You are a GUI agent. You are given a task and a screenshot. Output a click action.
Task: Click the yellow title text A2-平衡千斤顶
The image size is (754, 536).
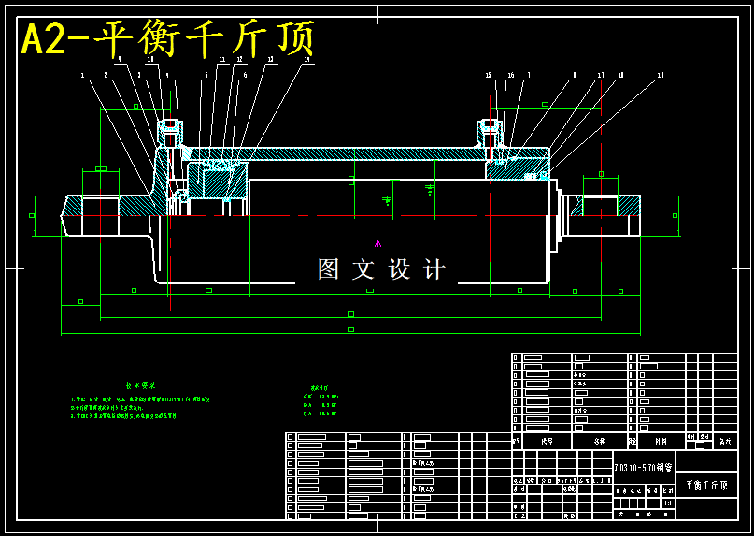[168, 40]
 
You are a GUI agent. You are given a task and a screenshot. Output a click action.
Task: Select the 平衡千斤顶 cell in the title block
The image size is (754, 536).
[705, 485]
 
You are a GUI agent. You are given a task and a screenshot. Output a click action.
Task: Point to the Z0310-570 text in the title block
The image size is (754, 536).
[643, 466]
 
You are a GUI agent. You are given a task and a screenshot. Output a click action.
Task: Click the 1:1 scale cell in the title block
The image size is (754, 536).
[667, 503]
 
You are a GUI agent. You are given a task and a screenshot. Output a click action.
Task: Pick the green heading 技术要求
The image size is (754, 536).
[140, 385]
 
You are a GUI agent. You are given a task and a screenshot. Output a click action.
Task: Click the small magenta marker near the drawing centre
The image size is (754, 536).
[377, 244]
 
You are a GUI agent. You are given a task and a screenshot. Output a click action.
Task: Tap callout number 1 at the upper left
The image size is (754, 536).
[82, 76]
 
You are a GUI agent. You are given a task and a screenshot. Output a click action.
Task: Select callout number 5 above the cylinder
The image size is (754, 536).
[206, 75]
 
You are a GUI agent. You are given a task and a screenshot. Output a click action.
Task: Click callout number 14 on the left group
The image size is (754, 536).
[307, 60]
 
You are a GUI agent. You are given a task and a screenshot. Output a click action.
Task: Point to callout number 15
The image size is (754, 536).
[488, 75]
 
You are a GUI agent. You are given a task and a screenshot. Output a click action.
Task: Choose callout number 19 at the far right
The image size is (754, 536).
[661, 75]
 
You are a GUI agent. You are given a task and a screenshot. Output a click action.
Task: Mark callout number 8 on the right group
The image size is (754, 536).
[575, 75]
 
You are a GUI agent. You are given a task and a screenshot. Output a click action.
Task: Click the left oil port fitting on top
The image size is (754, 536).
[170, 130]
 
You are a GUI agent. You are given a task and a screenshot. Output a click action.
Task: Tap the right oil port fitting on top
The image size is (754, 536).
[490, 130]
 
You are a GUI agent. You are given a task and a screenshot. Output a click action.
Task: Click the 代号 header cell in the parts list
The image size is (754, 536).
[547, 441]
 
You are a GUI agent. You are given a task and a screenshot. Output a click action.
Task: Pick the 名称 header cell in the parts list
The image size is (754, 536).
[600, 441]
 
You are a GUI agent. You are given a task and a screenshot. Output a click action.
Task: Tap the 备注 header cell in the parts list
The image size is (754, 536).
[723, 440]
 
